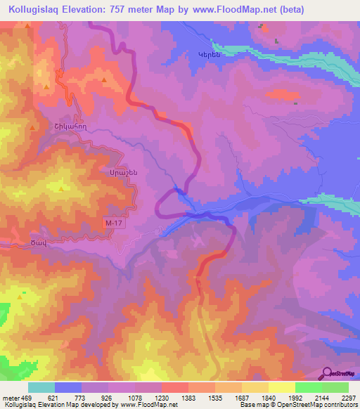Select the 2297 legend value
(x=349, y=397)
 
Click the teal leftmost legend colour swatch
(x=41, y=387)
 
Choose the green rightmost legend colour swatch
(x=335, y=387)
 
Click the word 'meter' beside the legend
(x=11, y=397)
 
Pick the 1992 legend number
(x=295, y=397)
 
